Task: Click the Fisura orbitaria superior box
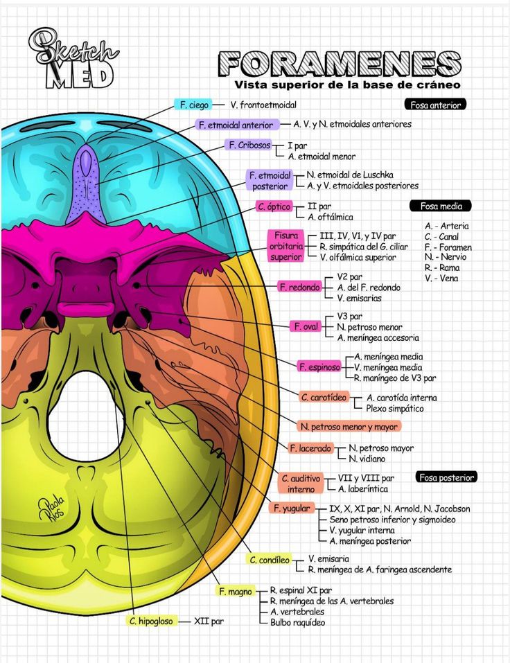[285, 246]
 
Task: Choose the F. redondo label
[300, 287]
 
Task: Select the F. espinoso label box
[319, 366]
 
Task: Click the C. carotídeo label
[324, 397]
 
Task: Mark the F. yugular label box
[291, 508]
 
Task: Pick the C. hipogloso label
[150, 621]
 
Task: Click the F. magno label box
[235, 591]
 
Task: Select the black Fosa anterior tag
[434, 105]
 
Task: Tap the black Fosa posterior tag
[447, 477]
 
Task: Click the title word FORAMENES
[340, 64]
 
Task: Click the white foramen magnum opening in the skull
[87, 416]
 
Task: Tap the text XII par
[209, 621]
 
